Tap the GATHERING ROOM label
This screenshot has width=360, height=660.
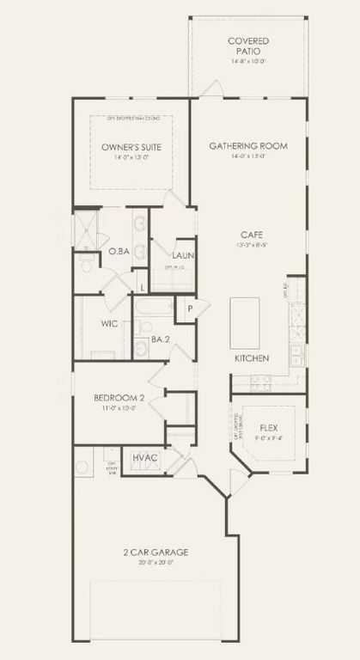[x=248, y=146]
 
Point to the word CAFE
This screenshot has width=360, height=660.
[x=251, y=235]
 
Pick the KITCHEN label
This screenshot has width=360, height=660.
[x=252, y=357]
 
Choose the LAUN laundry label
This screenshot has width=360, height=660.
[x=182, y=255]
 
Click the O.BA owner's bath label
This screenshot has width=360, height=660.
[x=119, y=251]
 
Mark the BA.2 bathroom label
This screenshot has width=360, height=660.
[x=161, y=339]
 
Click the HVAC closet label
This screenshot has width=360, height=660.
[x=144, y=458]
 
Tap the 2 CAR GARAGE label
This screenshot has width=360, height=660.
[x=156, y=552]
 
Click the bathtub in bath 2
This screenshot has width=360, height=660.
[x=156, y=306]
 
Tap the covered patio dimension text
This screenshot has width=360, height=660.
[x=248, y=61]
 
